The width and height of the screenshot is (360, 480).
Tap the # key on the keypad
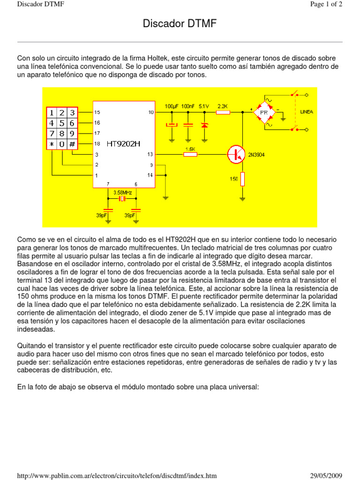coord(72,144)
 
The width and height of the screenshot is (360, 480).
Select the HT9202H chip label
coord(124,143)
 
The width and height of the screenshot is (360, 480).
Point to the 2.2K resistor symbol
coord(223,112)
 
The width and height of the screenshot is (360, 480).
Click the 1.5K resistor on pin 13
coord(190,154)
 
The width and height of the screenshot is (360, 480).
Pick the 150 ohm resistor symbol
coord(242,179)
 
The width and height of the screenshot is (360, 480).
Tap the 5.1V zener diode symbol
coord(204,125)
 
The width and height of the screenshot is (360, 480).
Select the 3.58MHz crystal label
coord(122,192)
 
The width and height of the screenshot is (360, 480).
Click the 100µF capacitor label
coord(172,106)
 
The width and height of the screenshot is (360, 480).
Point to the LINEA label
coord(307,112)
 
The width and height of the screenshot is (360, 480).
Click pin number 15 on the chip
coord(97,112)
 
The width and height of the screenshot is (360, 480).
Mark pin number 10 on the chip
coord(150,112)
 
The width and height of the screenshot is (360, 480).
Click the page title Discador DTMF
coord(180,24)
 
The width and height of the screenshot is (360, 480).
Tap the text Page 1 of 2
coord(326,4)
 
